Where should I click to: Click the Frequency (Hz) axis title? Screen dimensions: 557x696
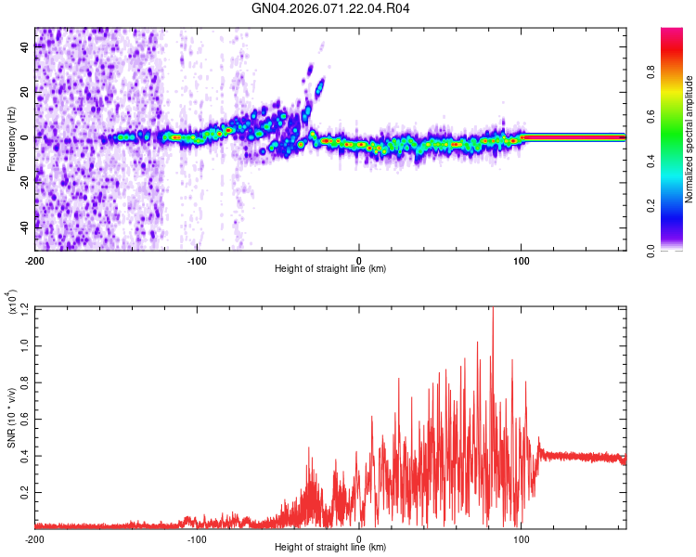pyautogui.click(x=11, y=138)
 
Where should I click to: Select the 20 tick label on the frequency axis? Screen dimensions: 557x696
pyautogui.click(x=25, y=93)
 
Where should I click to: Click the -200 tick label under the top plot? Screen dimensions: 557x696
pyautogui.click(x=35, y=259)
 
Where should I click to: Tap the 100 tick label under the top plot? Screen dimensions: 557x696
pyautogui.click(x=522, y=259)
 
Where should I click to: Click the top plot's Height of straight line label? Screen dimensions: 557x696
pyautogui.click(x=330, y=268)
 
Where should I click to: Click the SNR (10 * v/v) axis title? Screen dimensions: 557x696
pyautogui.click(x=11, y=418)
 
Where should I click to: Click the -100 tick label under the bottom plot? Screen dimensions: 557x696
pyautogui.click(x=197, y=538)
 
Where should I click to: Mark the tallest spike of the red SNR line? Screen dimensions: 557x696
pyautogui.click(x=493, y=310)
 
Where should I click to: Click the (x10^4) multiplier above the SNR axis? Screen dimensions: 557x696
pyautogui.click(x=11, y=303)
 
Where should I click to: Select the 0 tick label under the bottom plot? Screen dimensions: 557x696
pyautogui.click(x=359, y=538)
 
